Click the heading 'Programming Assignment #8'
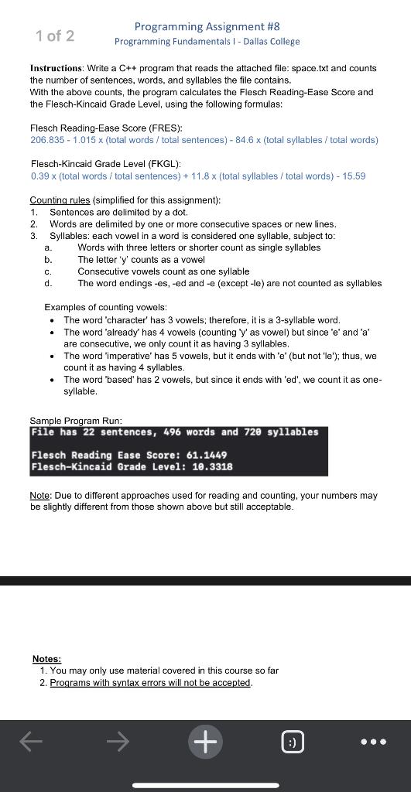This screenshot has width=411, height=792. (207, 27)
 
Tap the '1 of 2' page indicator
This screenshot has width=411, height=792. (55, 36)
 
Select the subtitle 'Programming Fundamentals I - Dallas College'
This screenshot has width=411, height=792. (207, 42)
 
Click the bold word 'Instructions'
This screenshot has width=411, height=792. (58, 69)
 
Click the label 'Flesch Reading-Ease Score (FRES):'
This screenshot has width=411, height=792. (95, 128)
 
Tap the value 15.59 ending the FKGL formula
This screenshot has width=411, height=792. (354, 176)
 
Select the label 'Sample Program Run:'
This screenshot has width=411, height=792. (76, 421)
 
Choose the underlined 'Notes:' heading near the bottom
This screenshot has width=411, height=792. (46, 659)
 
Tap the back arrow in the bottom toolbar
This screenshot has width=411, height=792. (31, 742)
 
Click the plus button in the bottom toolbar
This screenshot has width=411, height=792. (205, 742)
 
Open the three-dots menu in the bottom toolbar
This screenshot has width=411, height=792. (373, 742)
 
